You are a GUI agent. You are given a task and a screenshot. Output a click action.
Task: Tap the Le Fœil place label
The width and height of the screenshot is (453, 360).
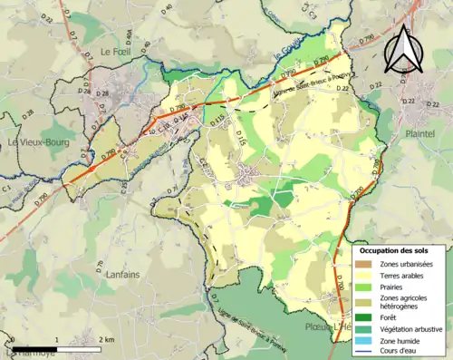pyautogui.click(x=117, y=52)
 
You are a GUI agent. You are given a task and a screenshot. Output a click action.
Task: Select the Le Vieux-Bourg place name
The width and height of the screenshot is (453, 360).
pyautogui.click(x=34, y=142)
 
